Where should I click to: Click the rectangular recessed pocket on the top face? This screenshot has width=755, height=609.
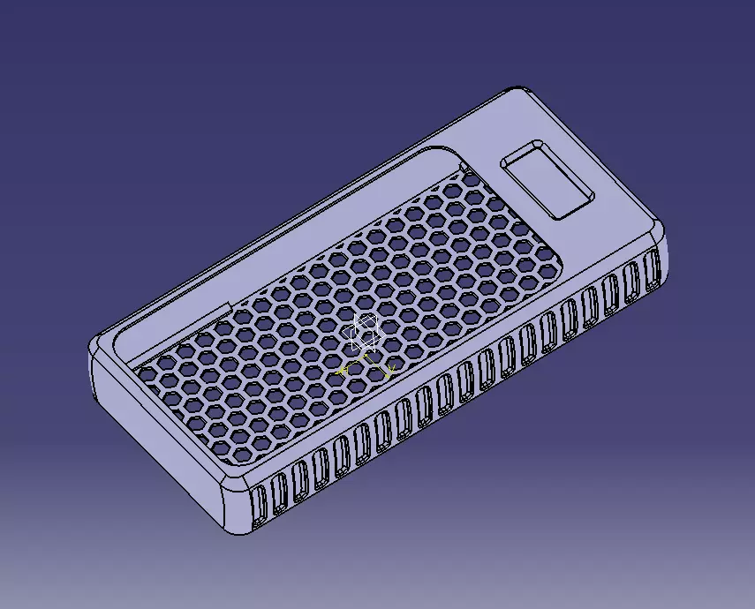tap(545, 180)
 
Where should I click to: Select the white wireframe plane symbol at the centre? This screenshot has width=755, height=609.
tap(365, 333)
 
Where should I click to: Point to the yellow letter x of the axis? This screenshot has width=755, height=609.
tap(388, 370)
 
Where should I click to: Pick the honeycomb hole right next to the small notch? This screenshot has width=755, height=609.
tap(471, 180)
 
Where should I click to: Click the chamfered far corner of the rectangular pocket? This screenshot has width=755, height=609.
tap(538, 142)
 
